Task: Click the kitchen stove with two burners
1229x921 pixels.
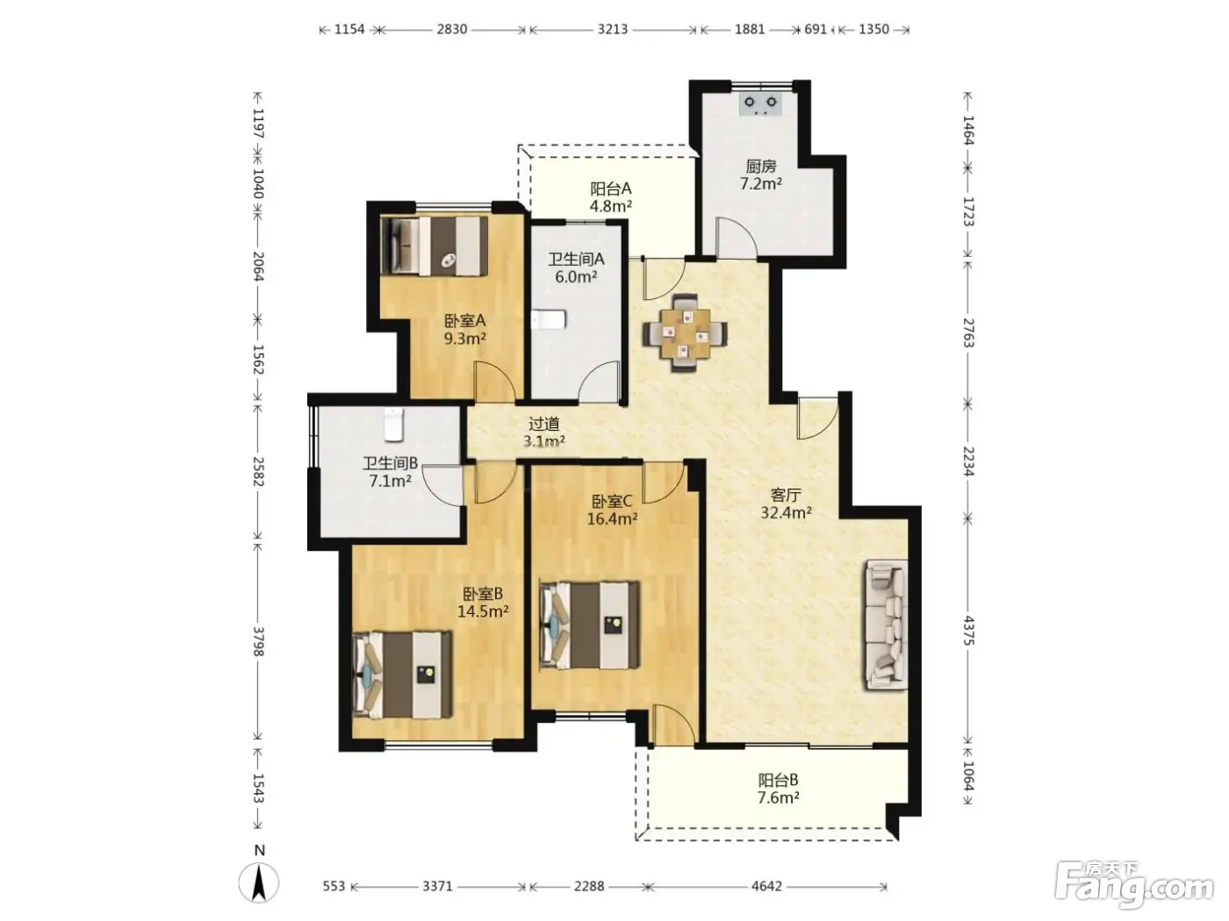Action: tap(760, 104)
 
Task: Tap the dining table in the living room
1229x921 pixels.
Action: tap(684, 333)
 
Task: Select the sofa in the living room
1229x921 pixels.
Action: tap(887, 625)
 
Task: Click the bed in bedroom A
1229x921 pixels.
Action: tap(434, 246)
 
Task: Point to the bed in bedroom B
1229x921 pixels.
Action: tap(402, 675)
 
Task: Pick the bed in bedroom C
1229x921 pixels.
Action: tap(589, 625)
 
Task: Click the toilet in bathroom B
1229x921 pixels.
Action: tap(394, 424)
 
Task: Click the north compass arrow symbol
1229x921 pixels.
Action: tap(259, 882)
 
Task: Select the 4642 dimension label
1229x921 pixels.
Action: tap(766, 886)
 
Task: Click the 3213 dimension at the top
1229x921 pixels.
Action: tap(612, 29)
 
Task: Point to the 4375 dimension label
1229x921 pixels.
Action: tap(968, 630)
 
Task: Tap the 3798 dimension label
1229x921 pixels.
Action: tap(257, 641)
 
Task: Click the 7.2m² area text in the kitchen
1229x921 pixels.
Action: tap(761, 183)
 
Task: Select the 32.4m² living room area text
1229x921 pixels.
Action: tap(786, 512)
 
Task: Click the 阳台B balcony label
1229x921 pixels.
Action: tap(778, 780)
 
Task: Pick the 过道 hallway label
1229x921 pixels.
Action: tap(543, 424)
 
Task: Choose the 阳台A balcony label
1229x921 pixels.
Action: tap(610, 189)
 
